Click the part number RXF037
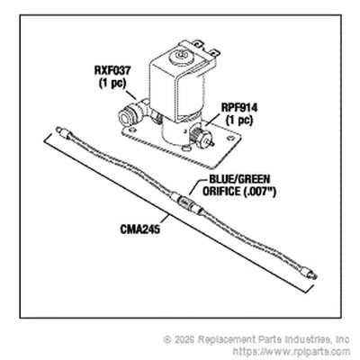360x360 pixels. tap(112, 71)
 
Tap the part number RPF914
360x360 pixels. tap(239, 108)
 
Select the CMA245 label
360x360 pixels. tap(140, 229)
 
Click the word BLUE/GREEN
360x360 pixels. tap(239, 179)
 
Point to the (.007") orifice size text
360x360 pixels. tap(258, 191)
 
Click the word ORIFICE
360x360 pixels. tap(220, 192)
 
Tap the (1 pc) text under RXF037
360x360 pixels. tap(112, 83)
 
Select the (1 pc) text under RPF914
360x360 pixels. tap(239, 120)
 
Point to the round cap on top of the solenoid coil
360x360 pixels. tap(181, 57)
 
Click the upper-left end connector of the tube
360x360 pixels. tap(63, 132)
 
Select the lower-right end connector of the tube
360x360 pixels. tap(310, 274)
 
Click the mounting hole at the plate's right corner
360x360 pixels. tap(230, 139)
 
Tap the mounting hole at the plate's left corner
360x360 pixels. tap(131, 130)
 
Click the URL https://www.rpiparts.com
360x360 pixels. tap(292, 351)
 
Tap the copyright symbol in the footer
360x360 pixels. tap(167, 339)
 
